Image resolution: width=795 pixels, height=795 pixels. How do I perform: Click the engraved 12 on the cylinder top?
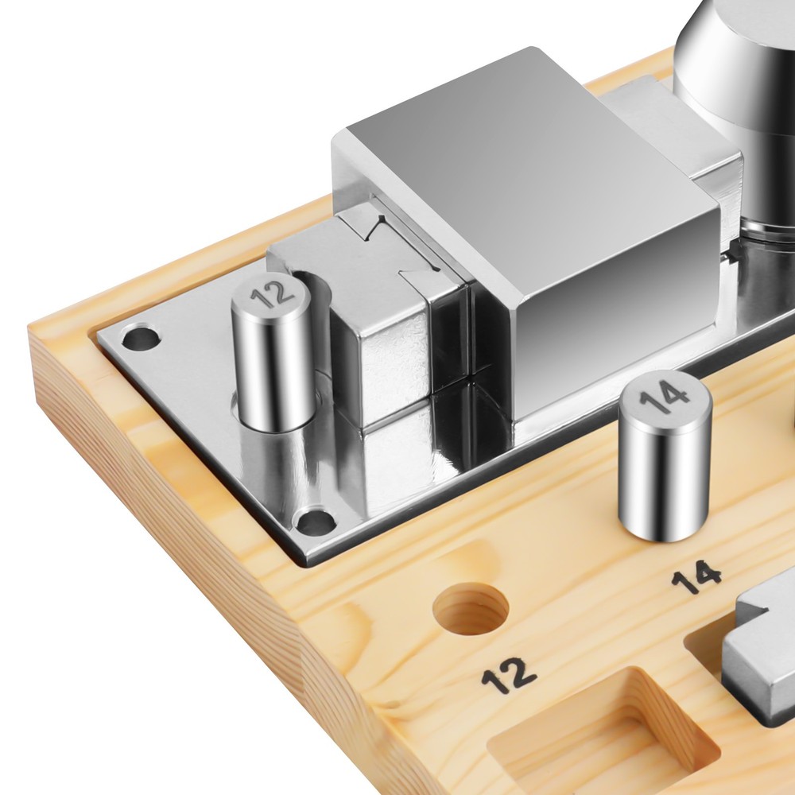point(273,292)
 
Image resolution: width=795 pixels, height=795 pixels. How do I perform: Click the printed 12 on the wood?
point(509,675)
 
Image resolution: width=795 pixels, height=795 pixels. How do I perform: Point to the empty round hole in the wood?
point(471,608)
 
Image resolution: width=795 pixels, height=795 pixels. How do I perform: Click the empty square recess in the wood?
point(599,735)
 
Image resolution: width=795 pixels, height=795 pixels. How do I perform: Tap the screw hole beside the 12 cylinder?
point(141,336)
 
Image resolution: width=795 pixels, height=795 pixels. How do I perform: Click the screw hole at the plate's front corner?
point(315,521)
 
